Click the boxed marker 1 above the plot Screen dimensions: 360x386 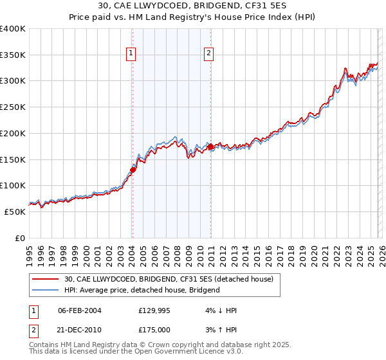pos(131,53)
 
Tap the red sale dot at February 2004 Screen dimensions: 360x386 pos(133,170)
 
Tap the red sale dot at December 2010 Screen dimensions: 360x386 pos(211,147)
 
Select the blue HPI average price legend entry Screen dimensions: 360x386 pos(142,290)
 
